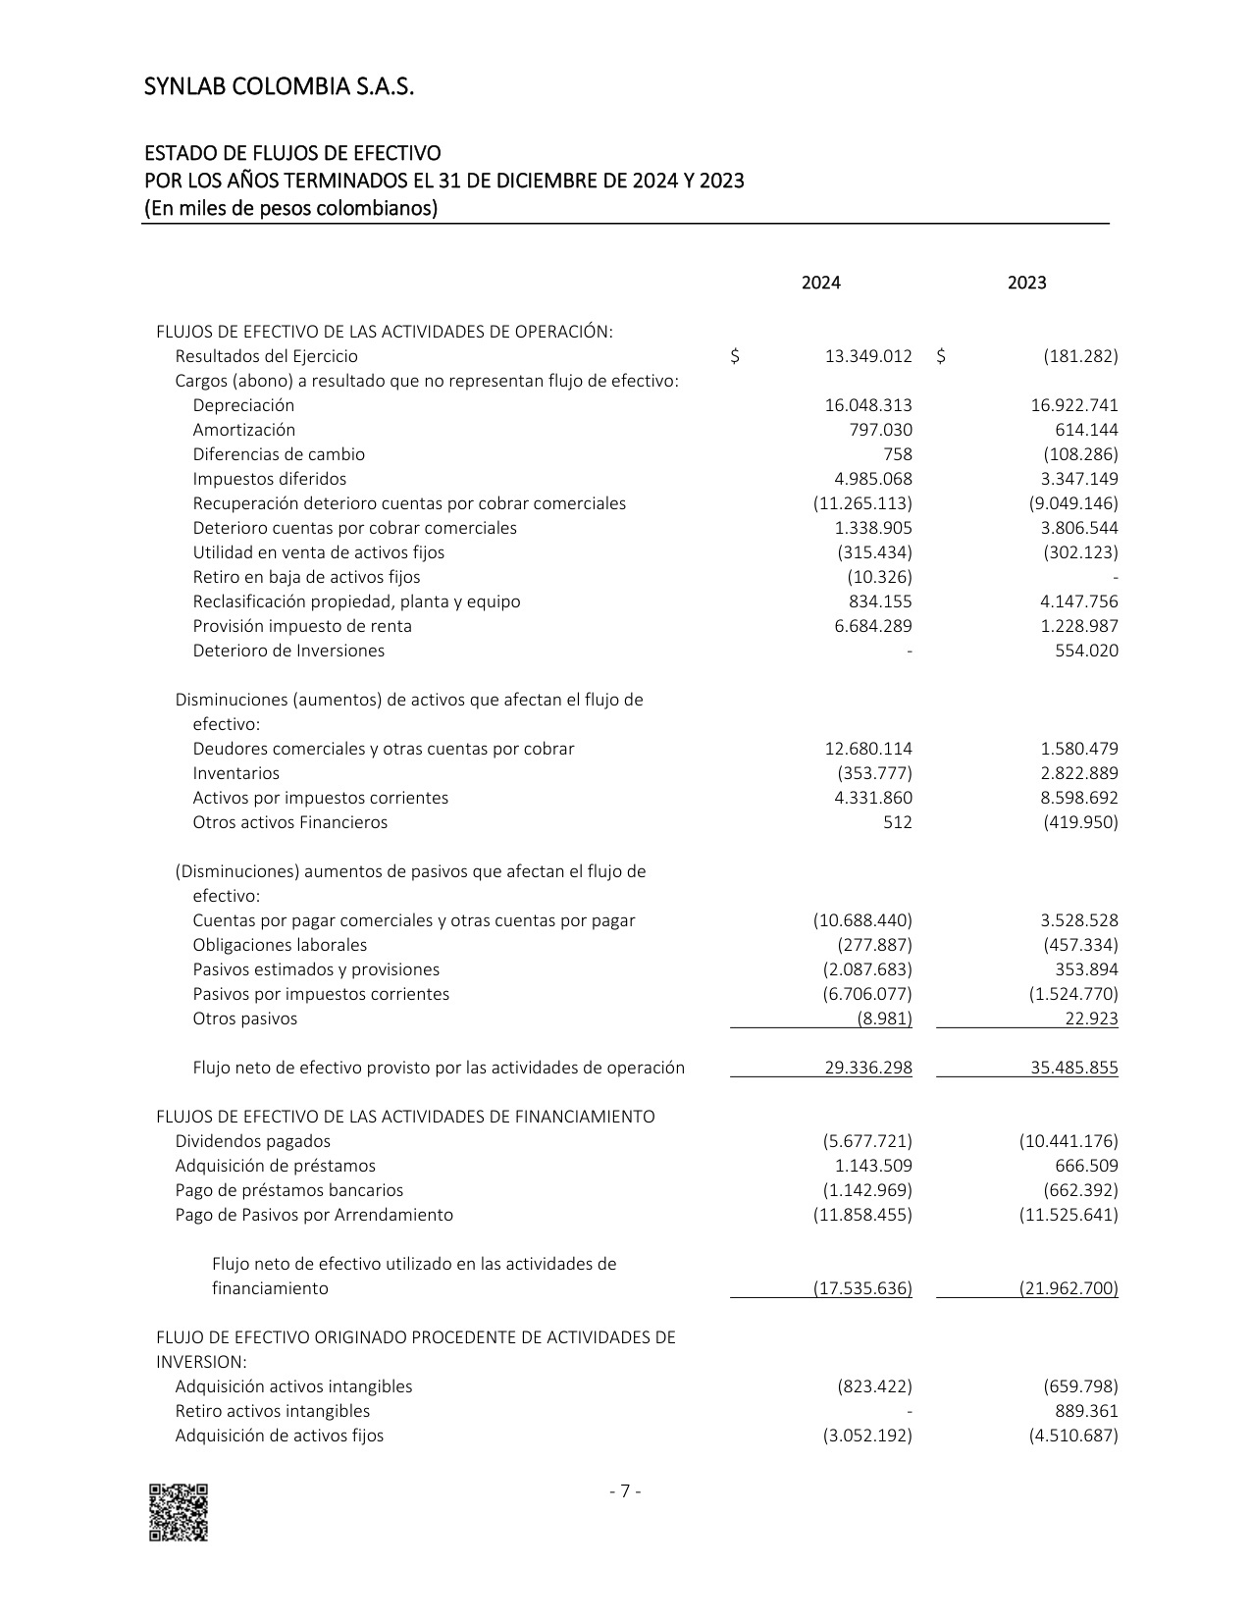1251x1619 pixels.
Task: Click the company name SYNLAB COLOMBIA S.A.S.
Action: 280,88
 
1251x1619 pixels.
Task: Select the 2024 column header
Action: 820,283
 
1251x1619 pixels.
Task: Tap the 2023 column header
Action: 1026,283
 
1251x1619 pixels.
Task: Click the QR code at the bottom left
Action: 179,1512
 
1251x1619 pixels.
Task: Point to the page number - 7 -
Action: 625,1491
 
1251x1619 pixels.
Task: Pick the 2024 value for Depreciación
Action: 868,405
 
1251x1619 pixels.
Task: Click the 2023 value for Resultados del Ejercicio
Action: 1080,356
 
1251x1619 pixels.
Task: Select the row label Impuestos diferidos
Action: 270,479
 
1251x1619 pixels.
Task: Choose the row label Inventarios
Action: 236,773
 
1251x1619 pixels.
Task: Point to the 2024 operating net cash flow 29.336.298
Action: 868,1068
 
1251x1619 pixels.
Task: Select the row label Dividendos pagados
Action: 253,1141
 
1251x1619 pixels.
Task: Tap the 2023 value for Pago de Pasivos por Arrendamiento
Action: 1069,1215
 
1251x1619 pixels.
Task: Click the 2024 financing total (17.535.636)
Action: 862,1288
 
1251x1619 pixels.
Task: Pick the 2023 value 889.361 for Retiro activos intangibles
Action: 1086,1411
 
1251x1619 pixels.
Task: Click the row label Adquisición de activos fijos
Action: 280,1436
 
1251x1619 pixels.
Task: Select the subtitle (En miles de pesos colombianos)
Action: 291,208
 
